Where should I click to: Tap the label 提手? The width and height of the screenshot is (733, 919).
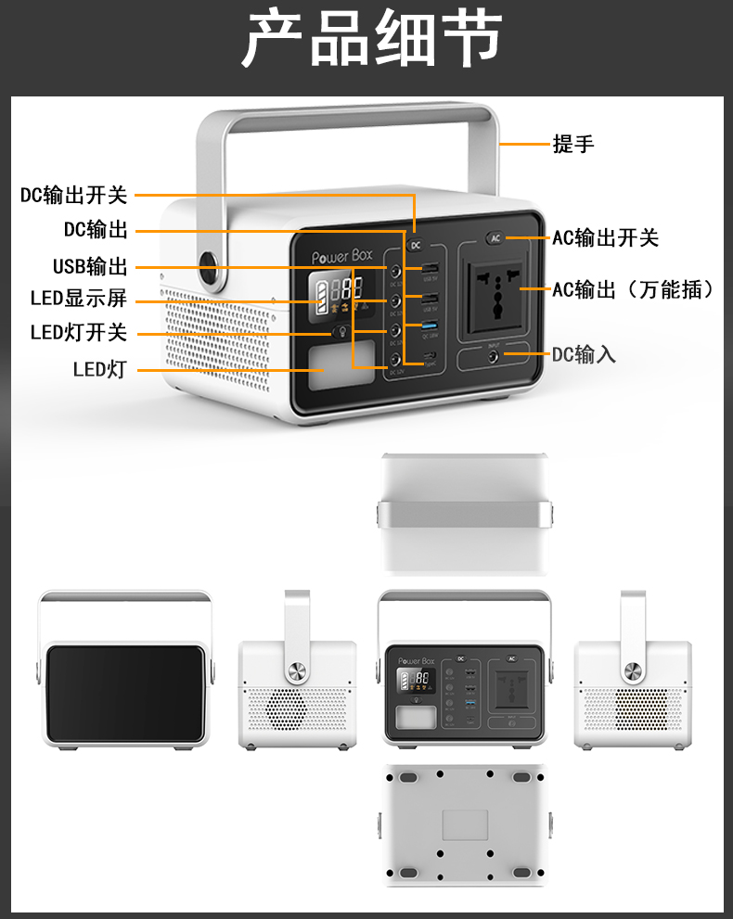pos(572,144)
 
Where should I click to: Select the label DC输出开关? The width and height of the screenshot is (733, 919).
pos(73,195)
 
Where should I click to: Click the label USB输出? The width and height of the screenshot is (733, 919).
pos(90,267)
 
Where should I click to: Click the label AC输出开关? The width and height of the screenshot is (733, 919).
pos(605,237)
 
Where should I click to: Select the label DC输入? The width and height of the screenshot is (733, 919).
pos(584,354)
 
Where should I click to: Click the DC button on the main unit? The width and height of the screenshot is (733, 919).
pos(416,245)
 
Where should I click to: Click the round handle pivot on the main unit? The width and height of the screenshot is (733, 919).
pos(210,269)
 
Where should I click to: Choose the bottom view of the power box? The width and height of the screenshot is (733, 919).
pos(464,823)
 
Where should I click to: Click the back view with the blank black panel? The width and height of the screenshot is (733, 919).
pos(125,697)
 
